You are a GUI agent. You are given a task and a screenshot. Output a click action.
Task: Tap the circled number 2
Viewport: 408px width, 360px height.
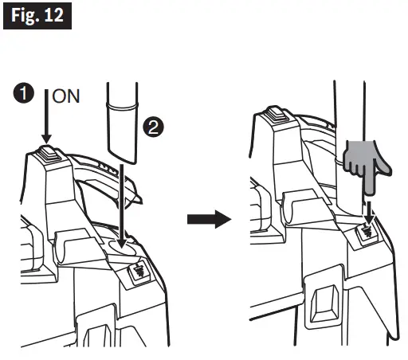(152, 126)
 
